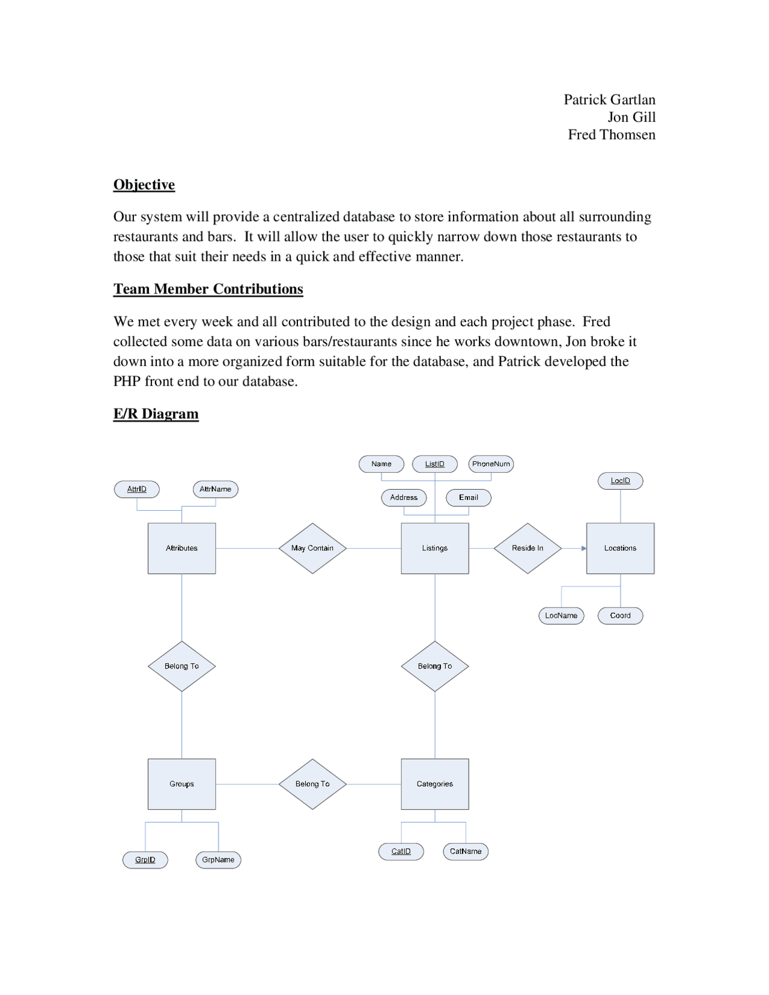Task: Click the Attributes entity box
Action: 181,548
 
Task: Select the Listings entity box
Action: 434,548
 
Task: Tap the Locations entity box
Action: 620,548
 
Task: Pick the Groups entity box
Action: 181,784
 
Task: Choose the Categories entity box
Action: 434,784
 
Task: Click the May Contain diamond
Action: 312,548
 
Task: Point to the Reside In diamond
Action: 527,548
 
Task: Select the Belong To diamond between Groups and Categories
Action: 312,784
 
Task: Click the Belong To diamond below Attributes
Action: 181,666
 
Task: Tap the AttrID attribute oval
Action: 137,489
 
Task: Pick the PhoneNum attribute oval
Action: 491,464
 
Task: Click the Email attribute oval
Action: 469,497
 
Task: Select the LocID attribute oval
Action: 620,481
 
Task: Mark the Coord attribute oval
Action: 620,615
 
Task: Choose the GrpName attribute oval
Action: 218,860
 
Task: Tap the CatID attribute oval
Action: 401,851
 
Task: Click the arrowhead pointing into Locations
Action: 583,548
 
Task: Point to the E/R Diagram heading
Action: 156,413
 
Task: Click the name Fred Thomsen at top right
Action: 612,135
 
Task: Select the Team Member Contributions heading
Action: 208,289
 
